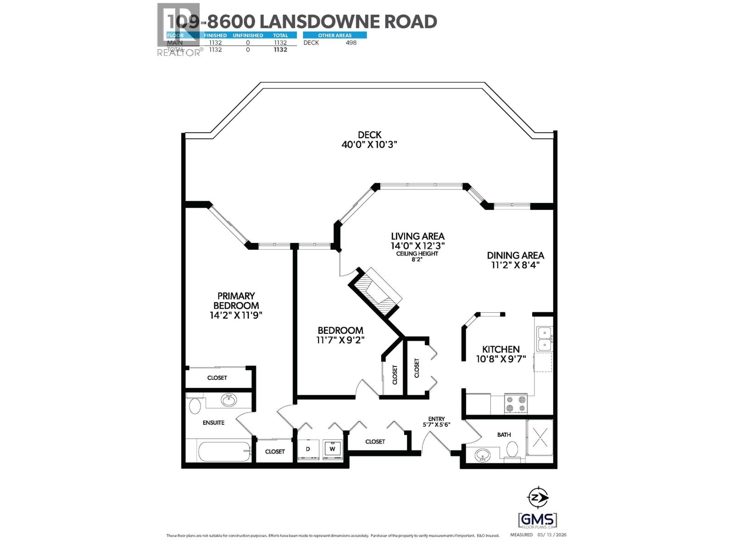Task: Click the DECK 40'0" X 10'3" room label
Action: pos(369,140)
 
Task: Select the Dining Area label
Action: pos(516,260)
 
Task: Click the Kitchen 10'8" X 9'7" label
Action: pos(501,354)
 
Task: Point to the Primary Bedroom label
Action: pos(236,305)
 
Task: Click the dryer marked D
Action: pos(308,449)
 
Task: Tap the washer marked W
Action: pos(333,449)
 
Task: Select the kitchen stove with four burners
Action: pos(516,404)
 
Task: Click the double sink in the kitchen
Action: pos(545,338)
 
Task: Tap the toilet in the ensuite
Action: pos(195,406)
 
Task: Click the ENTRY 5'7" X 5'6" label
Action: pos(436,422)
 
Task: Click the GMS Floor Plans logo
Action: pos(538,520)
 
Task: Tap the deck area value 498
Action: pos(351,43)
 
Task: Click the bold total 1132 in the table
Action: pos(280,50)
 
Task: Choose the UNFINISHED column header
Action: pos(248,35)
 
